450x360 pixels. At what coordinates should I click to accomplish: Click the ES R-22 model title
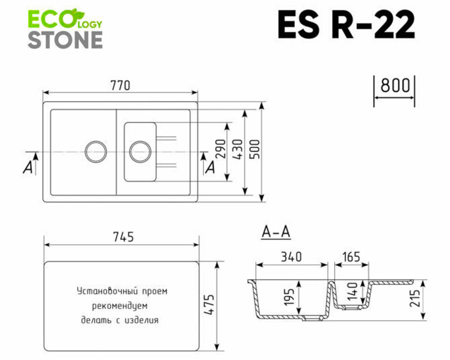346,25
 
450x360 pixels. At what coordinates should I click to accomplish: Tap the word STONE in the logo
65,40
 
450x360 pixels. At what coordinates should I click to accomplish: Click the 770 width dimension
120,85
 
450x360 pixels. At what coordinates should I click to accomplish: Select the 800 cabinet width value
395,85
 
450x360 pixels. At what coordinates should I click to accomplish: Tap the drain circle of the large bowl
96,150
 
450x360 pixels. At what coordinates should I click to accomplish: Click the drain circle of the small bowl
140,150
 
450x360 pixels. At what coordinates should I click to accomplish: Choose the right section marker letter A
210,167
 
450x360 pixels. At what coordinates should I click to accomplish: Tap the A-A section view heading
276,233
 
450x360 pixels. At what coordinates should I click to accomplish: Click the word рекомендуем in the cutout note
120,306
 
